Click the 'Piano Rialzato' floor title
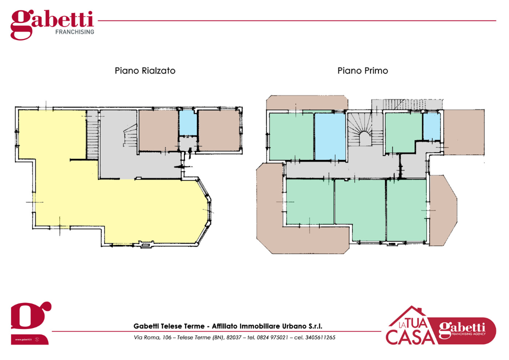click(145, 71)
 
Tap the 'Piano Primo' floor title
click(362, 71)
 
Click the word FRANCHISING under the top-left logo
click(74, 31)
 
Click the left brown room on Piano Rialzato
click(158, 130)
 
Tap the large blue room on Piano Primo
click(330, 136)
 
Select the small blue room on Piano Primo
click(430, 126)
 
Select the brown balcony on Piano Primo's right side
click(442, 210)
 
